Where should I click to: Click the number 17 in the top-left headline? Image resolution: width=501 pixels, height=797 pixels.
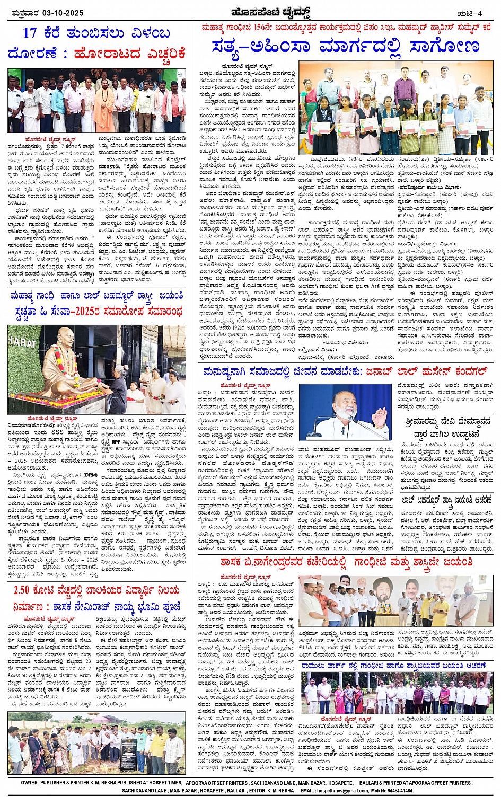(30, 33)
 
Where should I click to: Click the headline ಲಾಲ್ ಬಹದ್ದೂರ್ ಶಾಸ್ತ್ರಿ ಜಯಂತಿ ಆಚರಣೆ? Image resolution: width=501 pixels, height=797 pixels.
(446, 499)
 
